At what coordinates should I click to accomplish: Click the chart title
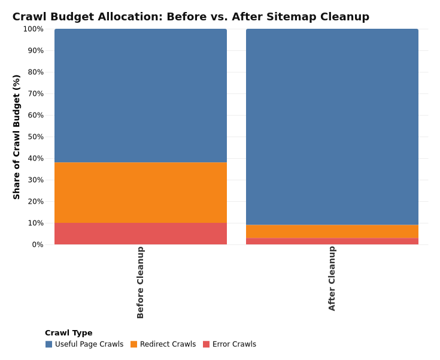190,17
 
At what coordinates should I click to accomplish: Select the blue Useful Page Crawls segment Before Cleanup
141,96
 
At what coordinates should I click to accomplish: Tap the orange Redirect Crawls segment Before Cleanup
141,192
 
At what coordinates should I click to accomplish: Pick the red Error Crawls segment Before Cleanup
141,234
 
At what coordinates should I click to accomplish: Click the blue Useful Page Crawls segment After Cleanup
332,126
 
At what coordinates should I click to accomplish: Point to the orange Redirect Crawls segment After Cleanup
332,231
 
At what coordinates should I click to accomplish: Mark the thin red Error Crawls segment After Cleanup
332,241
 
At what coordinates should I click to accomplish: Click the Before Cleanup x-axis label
141,282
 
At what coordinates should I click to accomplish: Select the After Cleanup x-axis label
332,279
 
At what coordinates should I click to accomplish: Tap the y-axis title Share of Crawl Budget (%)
17,137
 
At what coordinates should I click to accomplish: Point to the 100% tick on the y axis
33,29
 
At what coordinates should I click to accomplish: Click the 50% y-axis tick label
35,137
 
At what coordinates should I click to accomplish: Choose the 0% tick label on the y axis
38,244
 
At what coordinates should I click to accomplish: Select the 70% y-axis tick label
35,93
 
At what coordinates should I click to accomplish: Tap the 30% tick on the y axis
35,180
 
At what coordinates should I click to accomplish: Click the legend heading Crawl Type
68,333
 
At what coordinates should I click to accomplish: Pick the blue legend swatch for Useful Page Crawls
48,344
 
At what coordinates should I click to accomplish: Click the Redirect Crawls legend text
168,344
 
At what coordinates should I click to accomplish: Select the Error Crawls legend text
234,344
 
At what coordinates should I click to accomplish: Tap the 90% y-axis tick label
35,50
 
